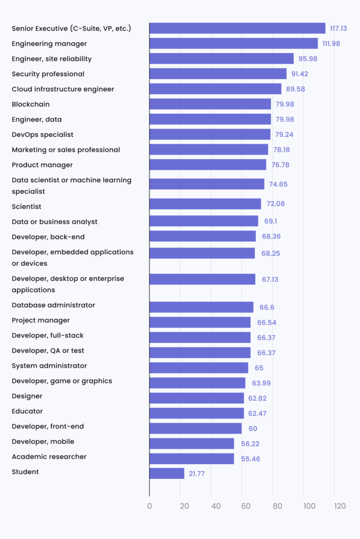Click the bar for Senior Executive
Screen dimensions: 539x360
tap(237, 28)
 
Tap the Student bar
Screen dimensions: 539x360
tap(167, 473)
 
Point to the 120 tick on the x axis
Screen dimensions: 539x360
tap(339, 506)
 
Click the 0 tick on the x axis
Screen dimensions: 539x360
tap(149, 506)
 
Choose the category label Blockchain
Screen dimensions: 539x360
tap(31, 104)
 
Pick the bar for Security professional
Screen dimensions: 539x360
tap(218, 74)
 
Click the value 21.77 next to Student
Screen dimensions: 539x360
tap(197, 474)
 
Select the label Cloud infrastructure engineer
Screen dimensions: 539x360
tap(63, 89)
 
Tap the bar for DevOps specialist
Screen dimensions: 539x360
tap(210, 135)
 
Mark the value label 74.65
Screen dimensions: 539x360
tap(278, 185)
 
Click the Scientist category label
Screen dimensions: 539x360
tap(26, 206)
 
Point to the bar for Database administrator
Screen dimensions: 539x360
tap(201, 307)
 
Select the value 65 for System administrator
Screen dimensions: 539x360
tap(259, 368)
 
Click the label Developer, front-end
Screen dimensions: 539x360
tap(47, 426)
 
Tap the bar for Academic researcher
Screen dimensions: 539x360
tap(192, 458)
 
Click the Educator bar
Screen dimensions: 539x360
tap(196, 413)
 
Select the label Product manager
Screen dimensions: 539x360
tap(42, 165)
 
